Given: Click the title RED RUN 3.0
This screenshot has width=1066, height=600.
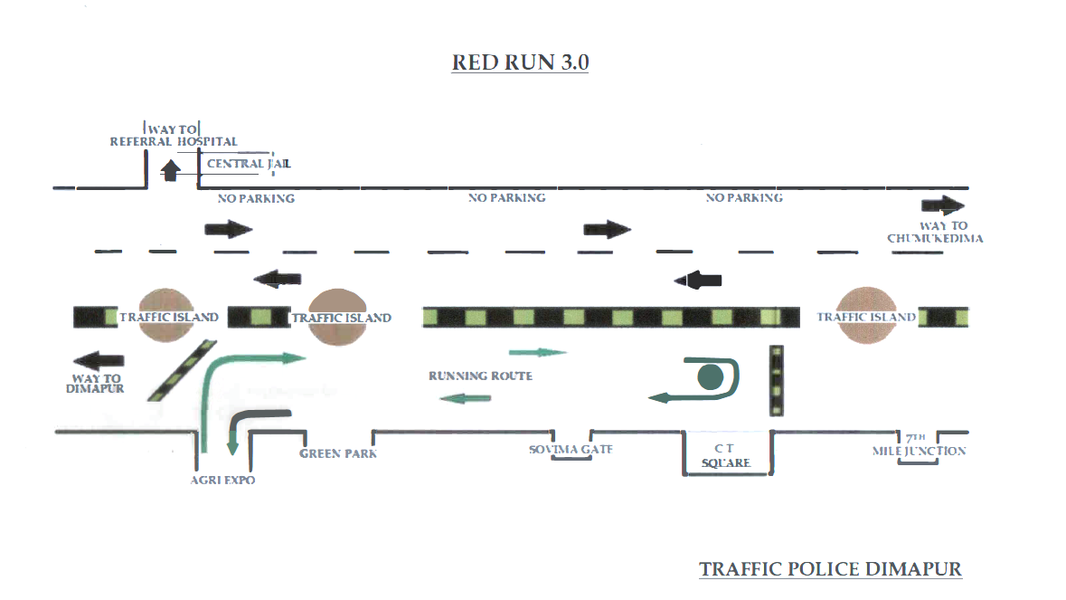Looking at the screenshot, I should pyautogui.click(x=520, y=62).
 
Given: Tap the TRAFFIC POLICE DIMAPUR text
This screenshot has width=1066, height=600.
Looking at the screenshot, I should pyautogui.click(x=830, y=569).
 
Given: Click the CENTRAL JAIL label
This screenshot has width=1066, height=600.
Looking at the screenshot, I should pyautogui.click(x=249, y=164).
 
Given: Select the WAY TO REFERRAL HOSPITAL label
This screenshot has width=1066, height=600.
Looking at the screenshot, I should pyautogui.click(x=174, y=136).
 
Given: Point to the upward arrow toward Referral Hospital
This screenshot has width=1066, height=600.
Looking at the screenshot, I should pyautogui.click(x=168, y=170).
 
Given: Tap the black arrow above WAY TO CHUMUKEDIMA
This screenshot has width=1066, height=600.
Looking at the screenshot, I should pyautogui.click(x=943, y=205).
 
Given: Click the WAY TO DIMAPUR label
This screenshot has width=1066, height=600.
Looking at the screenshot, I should pyautogui.click(x=95, y=383).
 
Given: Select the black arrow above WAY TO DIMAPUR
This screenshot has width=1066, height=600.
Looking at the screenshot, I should pyautogui.click(x=99, y=358).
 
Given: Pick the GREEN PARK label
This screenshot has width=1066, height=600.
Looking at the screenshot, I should pyautogui.click(x=338, y=453).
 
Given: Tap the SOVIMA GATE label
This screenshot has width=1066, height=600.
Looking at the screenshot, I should pyautogui.click(x=571, y=449).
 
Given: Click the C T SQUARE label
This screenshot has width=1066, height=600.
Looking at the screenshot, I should pyautogui.click(x=727, y=456).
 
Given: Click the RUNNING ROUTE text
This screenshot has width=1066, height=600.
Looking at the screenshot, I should pyautogui.click(x=480, y=376).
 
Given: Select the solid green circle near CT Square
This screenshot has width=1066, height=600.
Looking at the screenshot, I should pyautogui.click(x=711, y=376).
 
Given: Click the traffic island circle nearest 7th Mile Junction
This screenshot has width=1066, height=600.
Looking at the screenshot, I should pyautogui.click(x=867, y=316).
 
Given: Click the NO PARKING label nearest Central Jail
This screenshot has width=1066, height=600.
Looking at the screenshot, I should pyautogui.click(x=257, y=198).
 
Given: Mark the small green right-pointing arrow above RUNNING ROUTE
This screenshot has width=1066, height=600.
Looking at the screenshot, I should pyautogui.click(x=538, y=352).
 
